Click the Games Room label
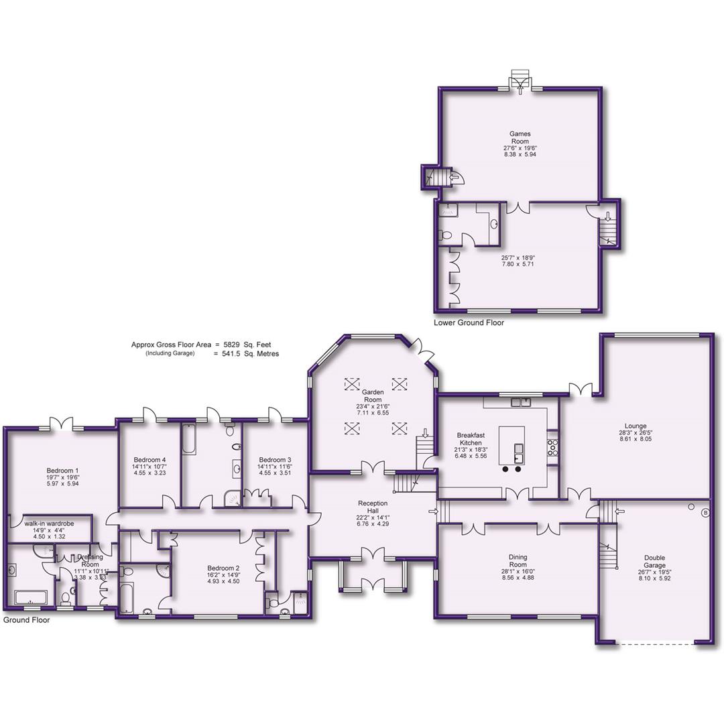coord(520,137)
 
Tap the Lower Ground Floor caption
coord(469,322)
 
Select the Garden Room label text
coord(372,396)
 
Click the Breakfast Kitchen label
coord(471,438)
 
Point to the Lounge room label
coord(635,426)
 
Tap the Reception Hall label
coord(372,503)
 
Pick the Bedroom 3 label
coord(276,459)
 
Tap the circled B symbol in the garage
coord(705,513)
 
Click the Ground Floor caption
coord(26,620)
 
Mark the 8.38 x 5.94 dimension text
coord(520,154)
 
